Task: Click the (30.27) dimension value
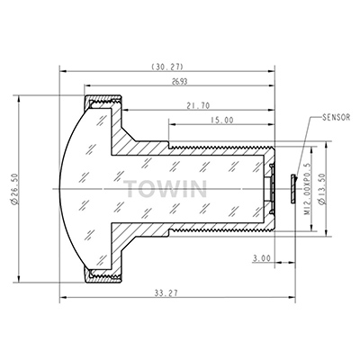(x=167, y=67)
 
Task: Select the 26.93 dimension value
(x=179, y=82)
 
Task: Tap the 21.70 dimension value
(x=198, y=105)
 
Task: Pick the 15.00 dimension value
(x=221, y=121)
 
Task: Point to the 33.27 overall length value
(x=166, y=292)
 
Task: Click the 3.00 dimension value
(x=261, y=258)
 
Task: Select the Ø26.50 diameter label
(x=14, y=189)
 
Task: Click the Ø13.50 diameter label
(x=322, y=189)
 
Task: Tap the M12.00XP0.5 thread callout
(x=307, y=189)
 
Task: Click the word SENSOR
(x=336, y=117)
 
